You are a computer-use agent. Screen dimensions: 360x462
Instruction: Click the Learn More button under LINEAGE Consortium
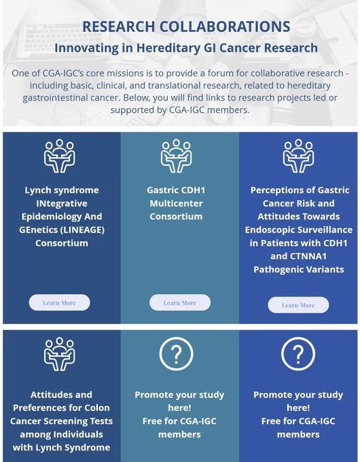pyautogui.click(x=59, y=302)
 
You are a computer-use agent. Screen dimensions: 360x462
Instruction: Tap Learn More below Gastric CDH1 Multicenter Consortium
pyautogui.click(x=180, y=302)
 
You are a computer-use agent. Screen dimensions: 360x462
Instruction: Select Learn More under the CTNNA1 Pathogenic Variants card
pyautogui.click(x=298, y=305)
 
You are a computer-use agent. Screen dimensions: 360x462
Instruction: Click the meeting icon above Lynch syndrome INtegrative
pyautogui.click(x=60, y=156)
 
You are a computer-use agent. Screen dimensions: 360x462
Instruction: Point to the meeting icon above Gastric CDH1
pyautogui.click(x=176, y=156)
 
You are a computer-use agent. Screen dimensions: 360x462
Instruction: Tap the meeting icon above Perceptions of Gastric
pyautogui.click(x=298, y=156)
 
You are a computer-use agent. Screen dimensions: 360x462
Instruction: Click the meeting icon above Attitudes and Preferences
pyautogui.click(x=60, y=354)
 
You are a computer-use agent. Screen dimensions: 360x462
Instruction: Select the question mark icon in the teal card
pyautogui.click(x=176, y=353)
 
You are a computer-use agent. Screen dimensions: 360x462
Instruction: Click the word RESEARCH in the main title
pyautogui.click(x=118, y=26)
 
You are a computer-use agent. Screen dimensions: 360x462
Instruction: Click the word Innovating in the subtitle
pyautogui.click(x=87, y=48)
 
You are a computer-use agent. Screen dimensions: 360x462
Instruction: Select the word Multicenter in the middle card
pyautogui.click(x=176, y=203)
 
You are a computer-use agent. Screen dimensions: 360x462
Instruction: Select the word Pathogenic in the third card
pyautogui.click(x=280, y=270)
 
